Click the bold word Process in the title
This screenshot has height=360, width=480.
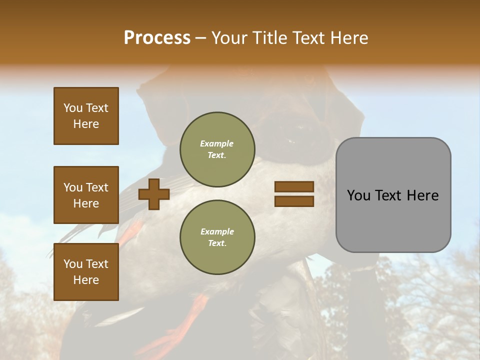(157, 38)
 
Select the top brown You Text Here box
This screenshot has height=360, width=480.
(86, 116)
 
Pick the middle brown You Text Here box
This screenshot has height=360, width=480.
(86, 195)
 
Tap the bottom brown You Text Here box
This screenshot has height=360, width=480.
(86, 272)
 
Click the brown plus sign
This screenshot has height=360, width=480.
(153, 194)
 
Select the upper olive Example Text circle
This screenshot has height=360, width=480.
(217, 149)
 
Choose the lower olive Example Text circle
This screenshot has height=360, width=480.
(217, 237)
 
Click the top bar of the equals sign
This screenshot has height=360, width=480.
(294, 187)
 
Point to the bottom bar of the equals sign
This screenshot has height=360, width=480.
(294, 201)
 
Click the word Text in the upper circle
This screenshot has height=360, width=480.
(216, 155)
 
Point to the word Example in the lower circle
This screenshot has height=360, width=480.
(217, 231)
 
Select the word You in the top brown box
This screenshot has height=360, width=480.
(72, 108)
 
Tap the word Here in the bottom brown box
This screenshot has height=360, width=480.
(86, 280)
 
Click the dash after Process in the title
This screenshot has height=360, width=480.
(201, 38)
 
